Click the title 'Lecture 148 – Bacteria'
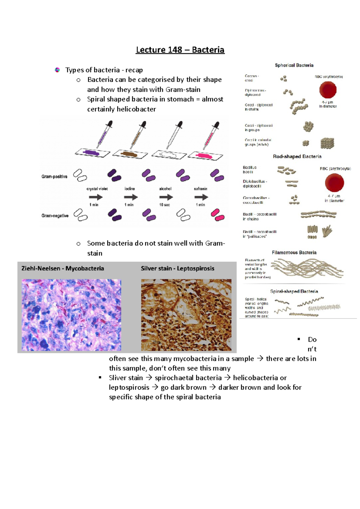(180, 50)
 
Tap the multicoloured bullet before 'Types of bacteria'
(57, 70)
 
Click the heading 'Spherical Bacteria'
(294, 65)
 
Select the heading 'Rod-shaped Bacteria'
(297, 156)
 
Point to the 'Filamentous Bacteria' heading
(294, 253)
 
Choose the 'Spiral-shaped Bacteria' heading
(294, 291)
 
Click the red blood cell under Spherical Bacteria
(328, 90)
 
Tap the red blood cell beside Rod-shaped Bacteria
(334, 183)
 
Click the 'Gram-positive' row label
(54, 177)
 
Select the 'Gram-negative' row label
(55, 216)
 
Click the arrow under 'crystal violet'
(96, 197)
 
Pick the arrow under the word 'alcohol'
(166, 197)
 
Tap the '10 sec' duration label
(165, 205)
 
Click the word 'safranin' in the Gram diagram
(201, 189)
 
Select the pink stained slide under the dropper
(205, 156)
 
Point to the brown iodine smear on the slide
(130, 154)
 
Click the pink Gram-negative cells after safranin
(217, 215)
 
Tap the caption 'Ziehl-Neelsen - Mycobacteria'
(63, 269)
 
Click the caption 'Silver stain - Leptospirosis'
(178, 269)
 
